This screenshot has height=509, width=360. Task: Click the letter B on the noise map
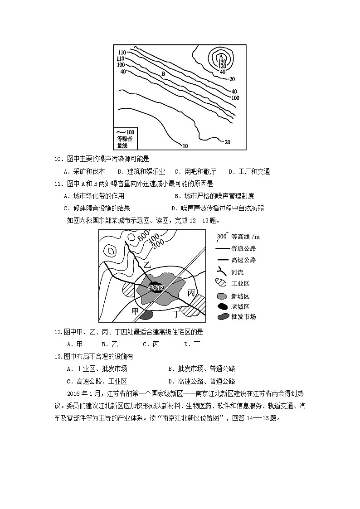click(x=163, y=74)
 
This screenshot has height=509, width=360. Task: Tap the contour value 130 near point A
click(x=222, y=62)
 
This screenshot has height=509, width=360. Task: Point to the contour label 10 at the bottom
click(x=185, y=146)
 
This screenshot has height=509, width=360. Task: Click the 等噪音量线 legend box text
click(x=122, y=142)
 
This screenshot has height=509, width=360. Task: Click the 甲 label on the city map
click(x=135, y=311)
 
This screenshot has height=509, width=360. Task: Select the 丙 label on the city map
click(x=191, y=293)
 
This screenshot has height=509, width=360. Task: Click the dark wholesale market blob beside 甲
click(x=147, y=315)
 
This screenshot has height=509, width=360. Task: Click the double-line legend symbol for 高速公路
click(x=222, y=260)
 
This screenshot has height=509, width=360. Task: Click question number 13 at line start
click(x=58, y=356)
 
